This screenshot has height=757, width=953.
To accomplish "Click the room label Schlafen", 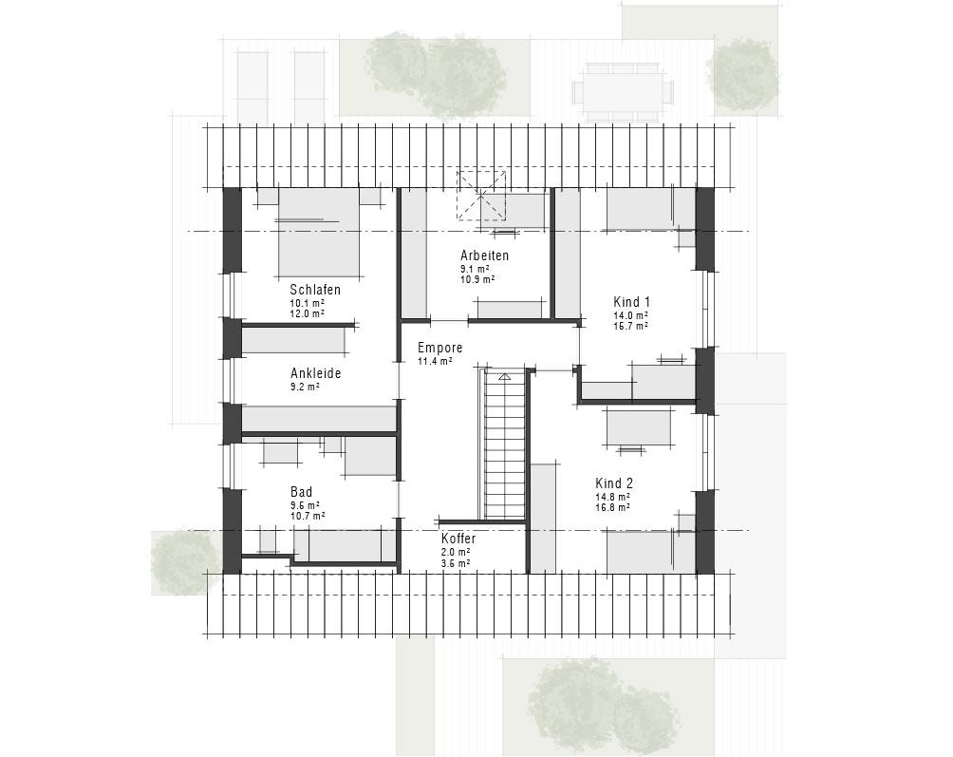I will (315, 290).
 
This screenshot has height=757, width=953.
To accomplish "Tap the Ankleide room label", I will (315, 373).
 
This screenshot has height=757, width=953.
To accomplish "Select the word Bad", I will (301, 492).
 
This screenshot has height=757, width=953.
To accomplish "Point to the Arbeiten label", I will (484, 255).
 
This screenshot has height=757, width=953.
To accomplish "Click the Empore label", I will (439, 348).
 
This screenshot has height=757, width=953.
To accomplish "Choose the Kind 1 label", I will (632, 301).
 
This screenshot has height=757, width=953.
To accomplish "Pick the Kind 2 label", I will (614, 483).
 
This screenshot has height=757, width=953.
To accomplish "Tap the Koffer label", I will (458, 538).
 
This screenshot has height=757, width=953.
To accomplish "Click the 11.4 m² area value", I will (435, 362).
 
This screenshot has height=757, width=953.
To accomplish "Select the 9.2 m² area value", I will (304, 388).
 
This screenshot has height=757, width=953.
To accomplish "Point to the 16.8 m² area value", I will (612, 508).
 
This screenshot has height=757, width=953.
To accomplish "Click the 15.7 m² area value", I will (630, 326).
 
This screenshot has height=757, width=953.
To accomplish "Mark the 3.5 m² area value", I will (455, 563).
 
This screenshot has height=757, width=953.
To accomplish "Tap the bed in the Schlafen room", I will (319, 237).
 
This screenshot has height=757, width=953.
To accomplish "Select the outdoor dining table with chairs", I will (622, 91).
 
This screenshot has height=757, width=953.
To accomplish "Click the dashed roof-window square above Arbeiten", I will (482, 195).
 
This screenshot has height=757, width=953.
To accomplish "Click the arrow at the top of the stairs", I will (505, 377).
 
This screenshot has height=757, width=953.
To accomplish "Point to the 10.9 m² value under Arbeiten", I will (476, 280).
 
